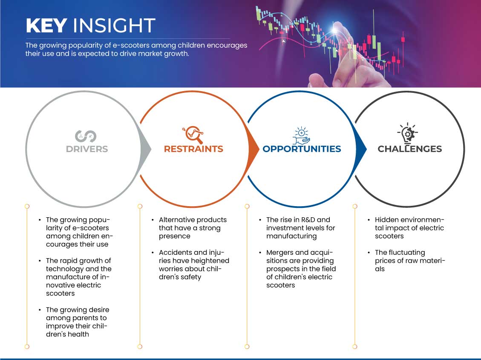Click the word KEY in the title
(46, 25)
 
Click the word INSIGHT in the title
(114, 25)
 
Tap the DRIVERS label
(87, 149)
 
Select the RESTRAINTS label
(193, 149)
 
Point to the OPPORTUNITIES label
(302, 149)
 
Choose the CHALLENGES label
(410, 149)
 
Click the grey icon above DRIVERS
(86, 136)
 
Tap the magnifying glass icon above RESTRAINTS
(193, 134)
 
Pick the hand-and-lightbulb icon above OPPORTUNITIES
(301, 135)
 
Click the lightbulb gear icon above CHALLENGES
(408, 133)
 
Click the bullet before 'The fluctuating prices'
(369, 253)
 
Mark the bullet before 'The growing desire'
(40, 310)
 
